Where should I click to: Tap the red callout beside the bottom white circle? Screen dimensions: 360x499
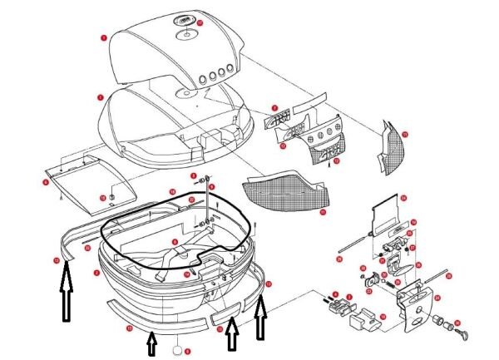(x=190, y=351)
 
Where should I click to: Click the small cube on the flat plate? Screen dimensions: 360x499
(x=111, y=197)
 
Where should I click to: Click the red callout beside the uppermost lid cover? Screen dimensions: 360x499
(x=102, y=38)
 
